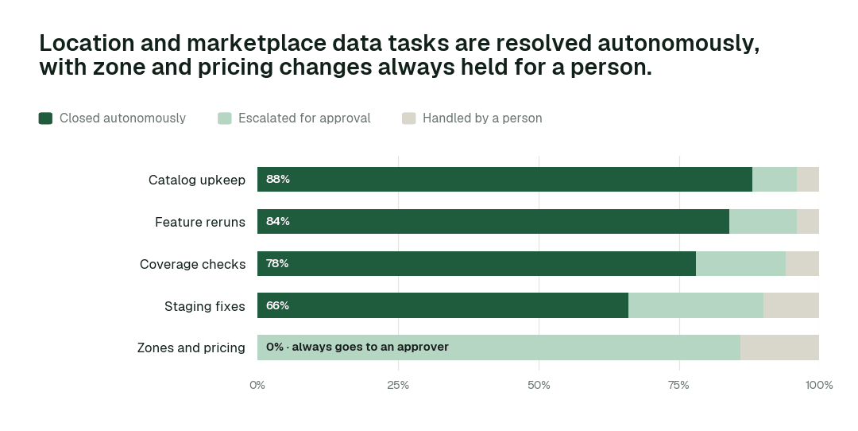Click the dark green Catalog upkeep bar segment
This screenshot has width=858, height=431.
[x=504, y=179]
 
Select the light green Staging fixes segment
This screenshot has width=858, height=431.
[x=696, y=305]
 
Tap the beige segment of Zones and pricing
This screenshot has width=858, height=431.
[x=780, y=348]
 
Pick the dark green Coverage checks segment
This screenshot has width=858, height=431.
[x=477, y=263]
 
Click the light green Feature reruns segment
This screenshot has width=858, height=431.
[x=763, y=221]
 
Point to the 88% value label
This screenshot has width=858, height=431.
[x=278, y=179]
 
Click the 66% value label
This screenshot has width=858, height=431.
[x=277, y=305]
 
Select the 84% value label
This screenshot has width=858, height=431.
[x=278, y=221]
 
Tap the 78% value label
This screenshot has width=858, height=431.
[x=277, y=263]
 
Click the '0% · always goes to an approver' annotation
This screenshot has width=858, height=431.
[x=357, y=348]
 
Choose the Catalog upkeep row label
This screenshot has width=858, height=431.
[x=197, y=181]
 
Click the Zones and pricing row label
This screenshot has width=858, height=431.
[x=191, y=348]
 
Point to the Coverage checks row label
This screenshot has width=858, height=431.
[x=192, y=265]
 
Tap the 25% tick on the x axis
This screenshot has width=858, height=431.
[x=398, y=385]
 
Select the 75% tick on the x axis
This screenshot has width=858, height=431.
[x=678, y=385]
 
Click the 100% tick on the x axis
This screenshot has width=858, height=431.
[x=819, y=385]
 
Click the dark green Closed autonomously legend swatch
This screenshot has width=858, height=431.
[x=45, y=118]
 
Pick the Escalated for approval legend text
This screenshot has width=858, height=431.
[x=304, y=118]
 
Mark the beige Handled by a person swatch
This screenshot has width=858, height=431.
[x=409, y=118]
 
